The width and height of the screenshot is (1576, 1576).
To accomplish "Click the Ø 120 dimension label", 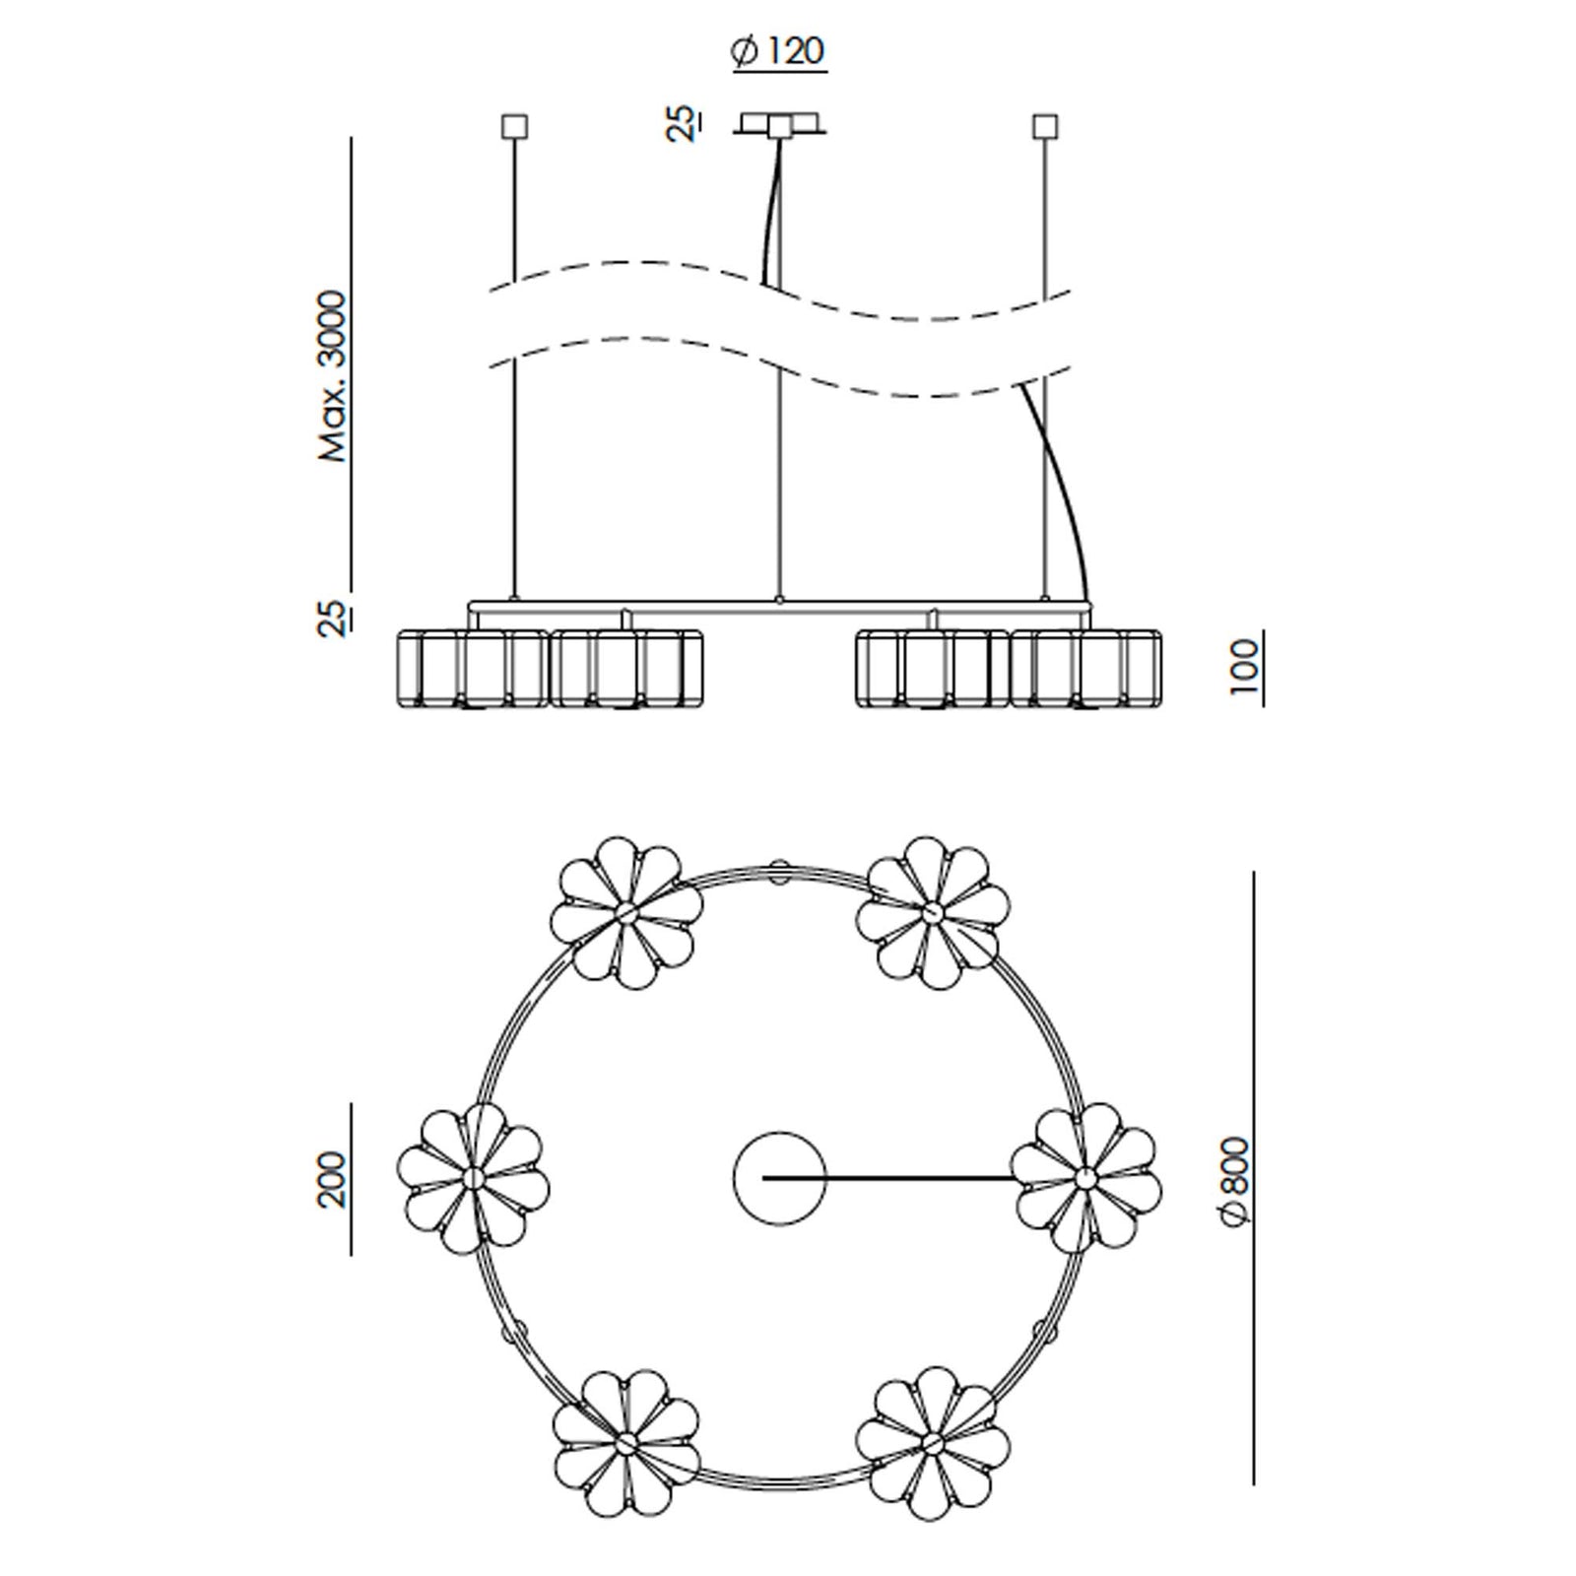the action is (778, 52).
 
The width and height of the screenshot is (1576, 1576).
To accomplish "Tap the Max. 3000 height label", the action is (334, 376).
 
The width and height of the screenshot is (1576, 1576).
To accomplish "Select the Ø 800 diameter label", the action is (1234, 1181).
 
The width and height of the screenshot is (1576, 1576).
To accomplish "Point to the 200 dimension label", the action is (334, 1178).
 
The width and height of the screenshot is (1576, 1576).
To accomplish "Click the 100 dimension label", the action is (1245, 667).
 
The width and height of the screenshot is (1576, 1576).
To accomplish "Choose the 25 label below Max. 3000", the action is (334, 618).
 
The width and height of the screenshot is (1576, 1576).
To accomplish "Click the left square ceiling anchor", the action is (514, 127).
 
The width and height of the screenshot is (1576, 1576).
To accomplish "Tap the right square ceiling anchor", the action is (1044, 127).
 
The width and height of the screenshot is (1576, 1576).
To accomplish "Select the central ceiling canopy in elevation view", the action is (779, 124).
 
